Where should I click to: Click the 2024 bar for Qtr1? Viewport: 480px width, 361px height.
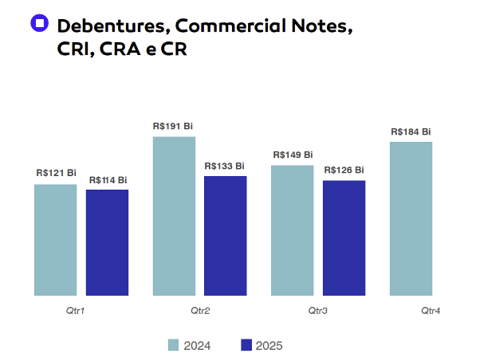tap(56, 240)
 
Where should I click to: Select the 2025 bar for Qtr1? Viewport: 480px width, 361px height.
tap(108, 242)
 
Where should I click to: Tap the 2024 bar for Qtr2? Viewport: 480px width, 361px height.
tap(174, 216)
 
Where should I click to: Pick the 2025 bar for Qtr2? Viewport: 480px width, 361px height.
tap(226, 236)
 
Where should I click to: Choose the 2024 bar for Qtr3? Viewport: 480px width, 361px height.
tap(292, 230)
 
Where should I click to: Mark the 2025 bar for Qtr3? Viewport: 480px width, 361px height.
tap(344, 237)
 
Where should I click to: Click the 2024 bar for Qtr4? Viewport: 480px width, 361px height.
tap(411, 218)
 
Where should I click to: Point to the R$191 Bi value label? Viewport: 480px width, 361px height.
tap(173, 126)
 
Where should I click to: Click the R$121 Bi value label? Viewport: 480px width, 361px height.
tap(56, 173)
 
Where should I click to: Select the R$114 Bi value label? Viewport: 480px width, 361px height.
tap(108, 180)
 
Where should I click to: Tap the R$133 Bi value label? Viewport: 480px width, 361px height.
tap(225, 166)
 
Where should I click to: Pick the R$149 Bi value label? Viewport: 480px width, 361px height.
tap(293, 155)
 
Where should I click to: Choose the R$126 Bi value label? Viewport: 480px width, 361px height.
tap(344, 170)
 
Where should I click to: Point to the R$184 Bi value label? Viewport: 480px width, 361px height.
tap(411, 131)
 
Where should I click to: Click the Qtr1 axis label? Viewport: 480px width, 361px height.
tap(75, 309)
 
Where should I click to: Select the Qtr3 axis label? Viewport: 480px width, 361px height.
tap(317, 309)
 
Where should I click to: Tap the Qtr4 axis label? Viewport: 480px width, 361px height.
tap(431, 309)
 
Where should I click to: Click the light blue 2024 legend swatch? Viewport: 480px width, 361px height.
tap(174, 345)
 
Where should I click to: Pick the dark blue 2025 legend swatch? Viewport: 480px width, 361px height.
tap(246, 345)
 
